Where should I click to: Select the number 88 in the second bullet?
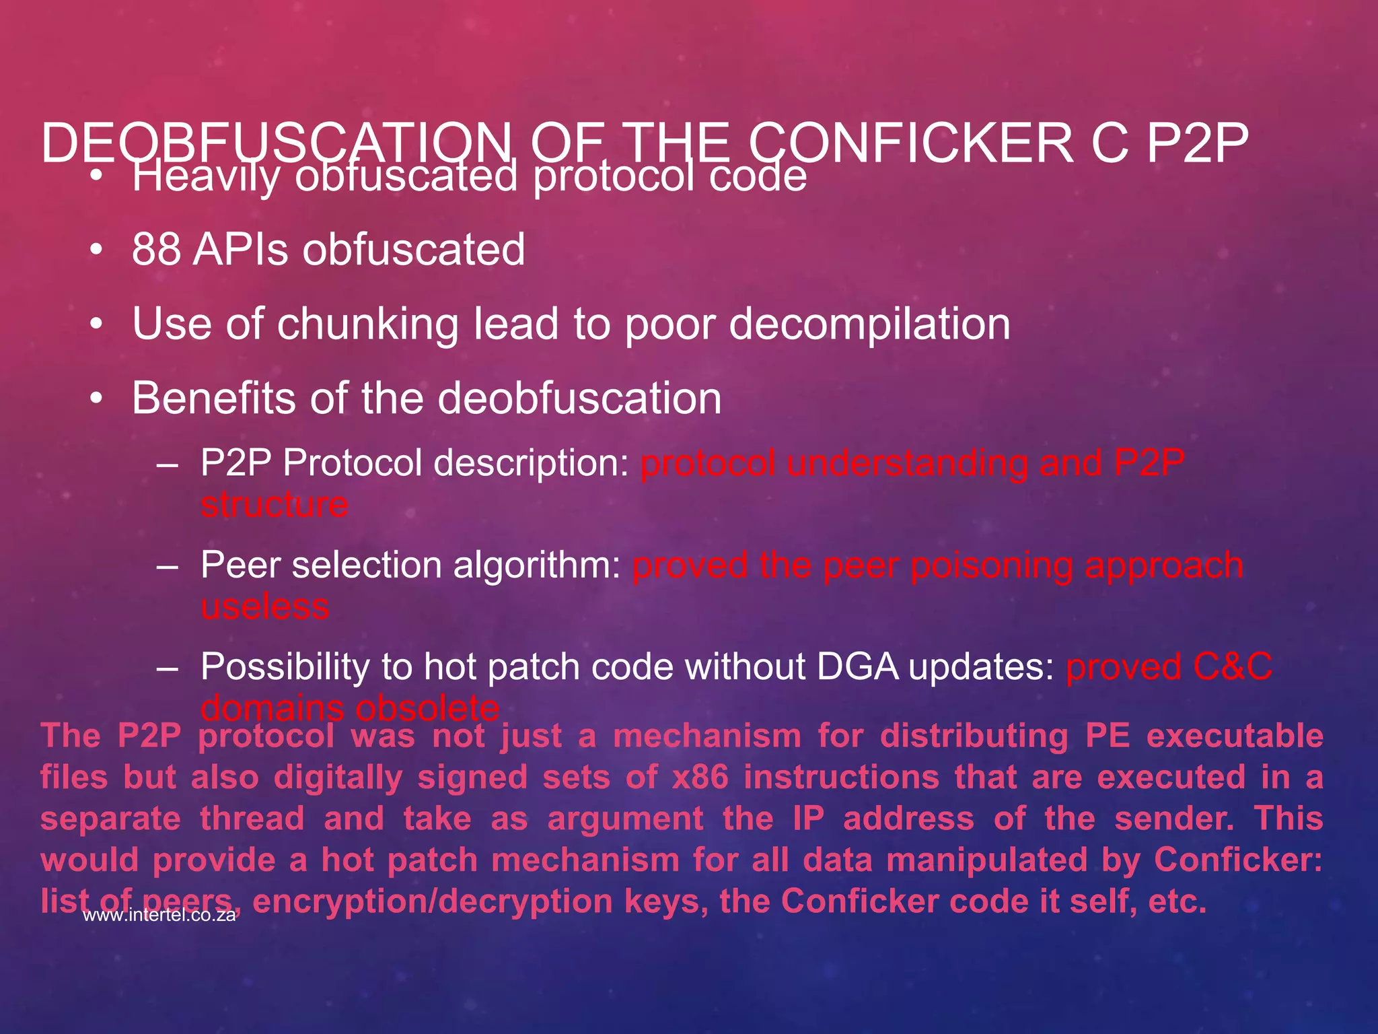click(x=156, y=250)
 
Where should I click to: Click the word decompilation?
click(x=869, y=324)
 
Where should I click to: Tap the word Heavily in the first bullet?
click(x=207, y=176)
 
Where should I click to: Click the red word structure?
click(x=274, y=504)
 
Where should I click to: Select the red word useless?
click(x=265, y=606)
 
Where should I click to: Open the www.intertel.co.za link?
click(x=159, y=915)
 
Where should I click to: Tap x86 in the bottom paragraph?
click(x=700, y=778)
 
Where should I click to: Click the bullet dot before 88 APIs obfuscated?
click(x=97, y=250)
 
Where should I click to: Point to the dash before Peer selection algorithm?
click(x=167, y=565)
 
